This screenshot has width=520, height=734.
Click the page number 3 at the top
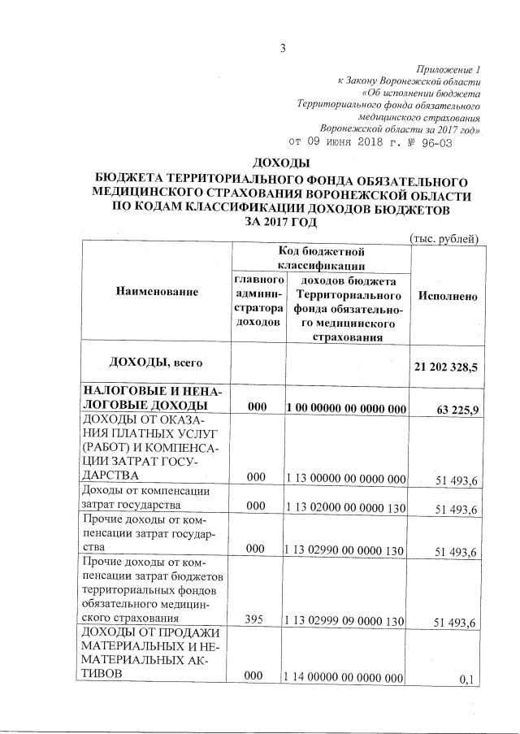[x=283, y=47]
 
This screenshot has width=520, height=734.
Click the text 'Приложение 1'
[x=448, y=69]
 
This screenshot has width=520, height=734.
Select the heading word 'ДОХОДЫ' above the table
[x=282, y=163]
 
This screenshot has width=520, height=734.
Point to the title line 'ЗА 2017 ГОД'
[x=282, y=222]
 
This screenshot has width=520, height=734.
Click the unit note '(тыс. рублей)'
[x=443, y=237]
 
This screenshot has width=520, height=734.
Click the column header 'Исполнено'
[x=447, y=297]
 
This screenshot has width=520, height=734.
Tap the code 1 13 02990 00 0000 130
[x=346, y=550]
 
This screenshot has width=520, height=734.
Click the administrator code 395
[x=258, y=622]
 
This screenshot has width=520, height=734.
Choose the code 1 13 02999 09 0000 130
[x=346, y=622]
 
